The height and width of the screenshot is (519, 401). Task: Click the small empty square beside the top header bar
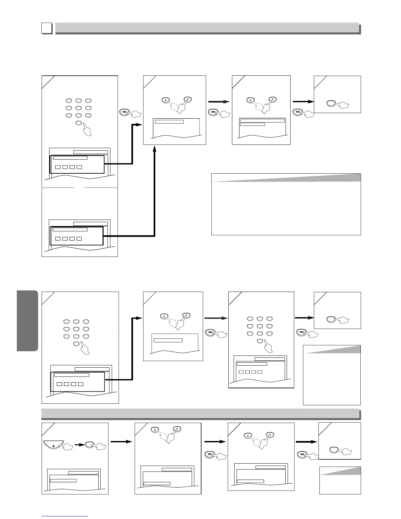point(47,29)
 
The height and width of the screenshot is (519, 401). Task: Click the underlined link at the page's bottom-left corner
point(65,516)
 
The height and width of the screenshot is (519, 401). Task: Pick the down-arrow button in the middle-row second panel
point(186,316)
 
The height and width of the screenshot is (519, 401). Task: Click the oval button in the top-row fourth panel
point(333,104)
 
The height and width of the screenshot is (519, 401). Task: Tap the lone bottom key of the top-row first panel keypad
point(79,123)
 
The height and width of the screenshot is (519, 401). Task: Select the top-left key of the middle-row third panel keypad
point(251,318)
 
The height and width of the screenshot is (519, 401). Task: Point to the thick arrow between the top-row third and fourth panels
point(302,102)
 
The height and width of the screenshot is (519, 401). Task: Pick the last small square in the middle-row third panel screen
point(260,372)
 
